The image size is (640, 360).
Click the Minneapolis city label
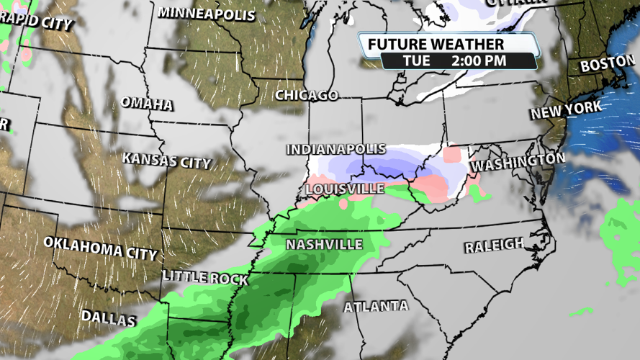tap(206, 13)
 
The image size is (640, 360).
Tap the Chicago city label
tap(306, 95)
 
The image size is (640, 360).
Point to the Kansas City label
tap(166, 160)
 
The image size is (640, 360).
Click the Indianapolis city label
tap(335, 150)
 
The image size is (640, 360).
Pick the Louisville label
tap(345, 188)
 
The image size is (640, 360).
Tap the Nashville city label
tap(324, 244)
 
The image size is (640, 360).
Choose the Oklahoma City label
tap(100, 248)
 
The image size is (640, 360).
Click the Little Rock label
tap(204, 277)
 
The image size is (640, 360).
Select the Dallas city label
tap(108, 317)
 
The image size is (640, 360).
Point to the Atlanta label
tap(376, 306)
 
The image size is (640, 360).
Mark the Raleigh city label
tap(494, 246)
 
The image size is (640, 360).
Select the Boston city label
tap(605, 64)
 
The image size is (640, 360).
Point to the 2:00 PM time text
tap(479, 60)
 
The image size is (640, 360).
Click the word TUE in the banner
tap(416, 60)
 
